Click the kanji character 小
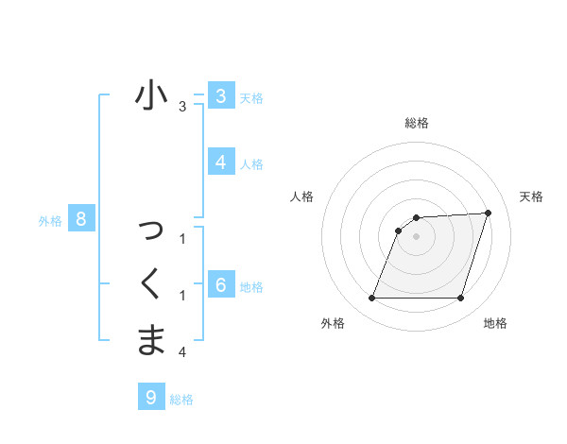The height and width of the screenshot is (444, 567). [151, 96]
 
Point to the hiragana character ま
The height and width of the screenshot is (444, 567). [151, 339]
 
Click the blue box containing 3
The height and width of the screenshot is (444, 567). [220, 96]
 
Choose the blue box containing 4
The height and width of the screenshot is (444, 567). [220, 162]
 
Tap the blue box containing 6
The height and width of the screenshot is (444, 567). [220, 284]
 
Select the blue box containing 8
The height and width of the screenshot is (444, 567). [81, 220]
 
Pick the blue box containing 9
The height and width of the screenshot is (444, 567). [150, 398]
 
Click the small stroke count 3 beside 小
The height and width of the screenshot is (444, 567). [182, 108]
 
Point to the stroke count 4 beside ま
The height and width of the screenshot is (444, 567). [182, 352]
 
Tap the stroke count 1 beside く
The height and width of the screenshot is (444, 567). [182, 297]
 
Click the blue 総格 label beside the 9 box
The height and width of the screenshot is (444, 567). [181, 400]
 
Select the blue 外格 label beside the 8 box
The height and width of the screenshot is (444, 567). [50, 222]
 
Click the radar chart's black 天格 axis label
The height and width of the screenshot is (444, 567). [531, 196]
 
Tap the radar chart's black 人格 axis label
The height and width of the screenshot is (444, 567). [301, 196]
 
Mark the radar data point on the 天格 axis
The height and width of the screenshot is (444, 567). [489, 213]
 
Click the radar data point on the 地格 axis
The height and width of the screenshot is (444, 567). [460, 299]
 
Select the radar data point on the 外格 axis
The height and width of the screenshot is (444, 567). [371, 299]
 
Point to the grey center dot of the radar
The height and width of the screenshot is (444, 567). [416, 236]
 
